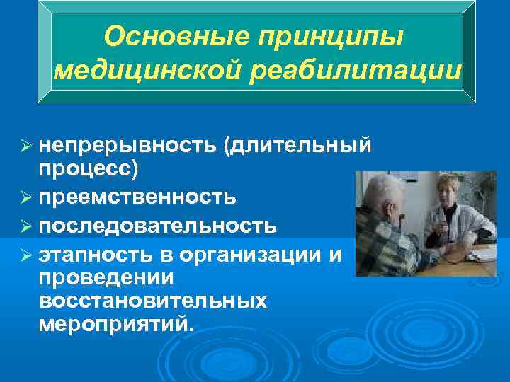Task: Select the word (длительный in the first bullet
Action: pos(297,145)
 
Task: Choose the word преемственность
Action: pos(138,195)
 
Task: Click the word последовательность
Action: pos(157,226)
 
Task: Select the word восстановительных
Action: pos(153,300)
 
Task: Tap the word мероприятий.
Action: pos(115,325)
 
